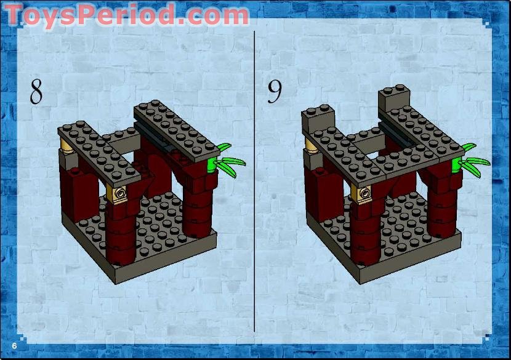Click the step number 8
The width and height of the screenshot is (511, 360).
37,92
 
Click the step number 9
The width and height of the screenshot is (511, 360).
275,92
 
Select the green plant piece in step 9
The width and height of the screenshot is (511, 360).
471,159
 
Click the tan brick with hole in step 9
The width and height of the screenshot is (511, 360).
366,194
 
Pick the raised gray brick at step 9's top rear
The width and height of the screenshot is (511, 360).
394,97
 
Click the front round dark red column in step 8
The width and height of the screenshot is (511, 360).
122,237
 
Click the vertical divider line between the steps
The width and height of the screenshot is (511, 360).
255,185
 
